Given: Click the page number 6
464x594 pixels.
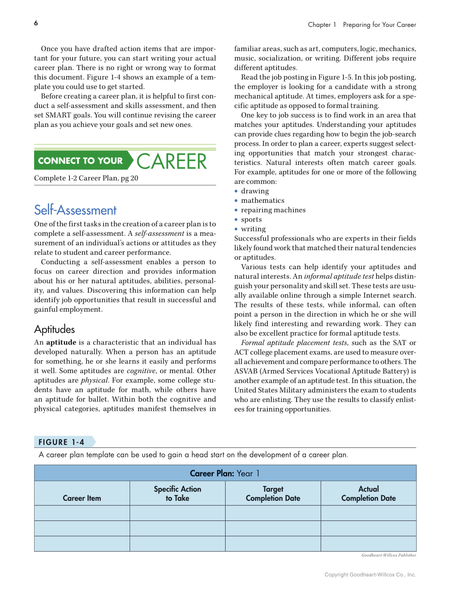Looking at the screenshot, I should coord(36,23).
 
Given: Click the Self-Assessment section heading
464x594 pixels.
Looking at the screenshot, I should coord(75,210).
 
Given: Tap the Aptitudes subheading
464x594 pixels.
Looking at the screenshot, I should coord(54,329).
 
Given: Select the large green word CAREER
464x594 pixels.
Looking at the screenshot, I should coord(172,161).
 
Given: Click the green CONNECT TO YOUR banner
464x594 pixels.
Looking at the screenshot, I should coord(81,161).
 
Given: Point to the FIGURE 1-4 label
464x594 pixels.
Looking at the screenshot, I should coord(61,442).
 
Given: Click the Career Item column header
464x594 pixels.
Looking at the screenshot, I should coord(82,498).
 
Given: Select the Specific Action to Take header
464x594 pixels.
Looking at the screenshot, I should coord(177,494).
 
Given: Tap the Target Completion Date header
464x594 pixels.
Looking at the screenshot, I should coord(273,494).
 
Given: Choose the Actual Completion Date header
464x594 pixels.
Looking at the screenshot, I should coord(368,494).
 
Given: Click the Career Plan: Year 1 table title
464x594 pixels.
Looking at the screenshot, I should coord(225,474).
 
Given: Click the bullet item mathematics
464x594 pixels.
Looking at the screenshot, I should coord(263,200).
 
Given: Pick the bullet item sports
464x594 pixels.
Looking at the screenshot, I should coord(251,219).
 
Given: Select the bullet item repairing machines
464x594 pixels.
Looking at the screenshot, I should coord(273,210).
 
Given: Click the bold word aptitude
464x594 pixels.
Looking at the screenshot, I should coord(61,343).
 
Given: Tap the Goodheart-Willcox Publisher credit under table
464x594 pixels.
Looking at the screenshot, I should coord(389,555).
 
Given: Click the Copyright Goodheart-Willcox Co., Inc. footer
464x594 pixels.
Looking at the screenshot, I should coord(370,575).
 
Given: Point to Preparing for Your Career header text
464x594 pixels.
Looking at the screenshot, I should coord(379,25).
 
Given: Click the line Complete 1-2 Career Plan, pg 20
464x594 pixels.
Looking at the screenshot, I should coord(86,178).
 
